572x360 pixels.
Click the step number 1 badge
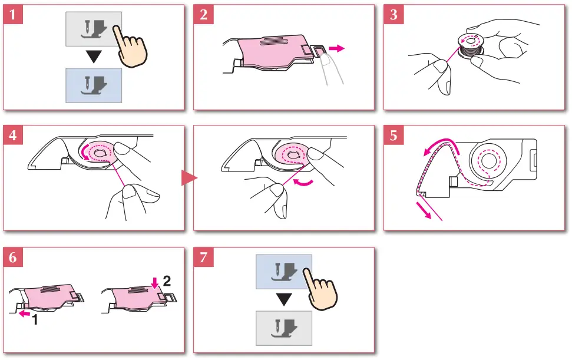click(x=13, y=15)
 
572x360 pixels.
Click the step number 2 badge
click(x=204, y=15)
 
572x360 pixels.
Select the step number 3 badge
click(x=394, y=15)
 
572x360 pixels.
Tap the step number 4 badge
click(x=13, y=135)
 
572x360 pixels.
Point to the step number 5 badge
click(x=394, y=135)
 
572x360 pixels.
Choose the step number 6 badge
click(x=13, y=257)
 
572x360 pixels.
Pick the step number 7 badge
click(x=204, y=257)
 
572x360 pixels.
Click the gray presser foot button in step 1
click(x=91, y=29)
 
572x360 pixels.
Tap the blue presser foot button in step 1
click(x=92, y=86)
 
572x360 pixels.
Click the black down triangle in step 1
click(x=92, y=58)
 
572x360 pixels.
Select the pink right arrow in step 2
click(x=338, y=48)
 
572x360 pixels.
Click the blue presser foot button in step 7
click(x=283, y=272)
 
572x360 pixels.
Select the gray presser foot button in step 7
click(x=283, y=328)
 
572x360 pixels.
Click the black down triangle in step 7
click(x=284, y=300)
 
